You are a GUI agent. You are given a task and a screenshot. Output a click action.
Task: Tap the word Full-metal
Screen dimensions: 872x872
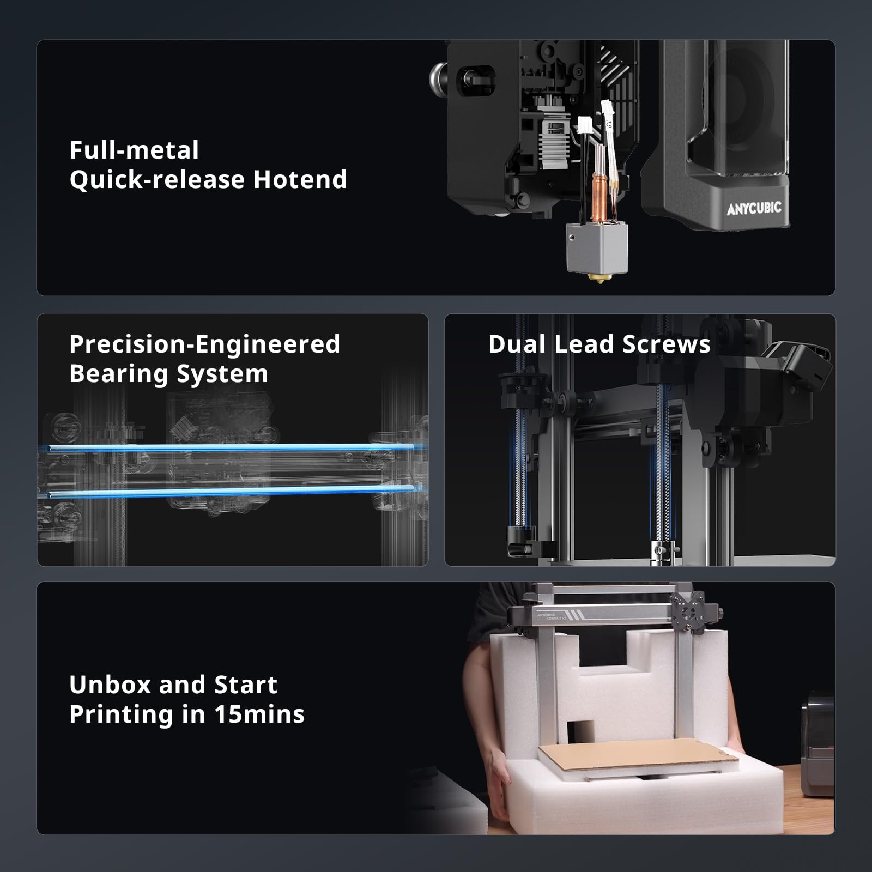(134, 150)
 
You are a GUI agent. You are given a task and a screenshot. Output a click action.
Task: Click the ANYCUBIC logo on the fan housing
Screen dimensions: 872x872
(753, 208)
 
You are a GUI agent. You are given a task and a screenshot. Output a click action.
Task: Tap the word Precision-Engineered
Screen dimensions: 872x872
(204, 344)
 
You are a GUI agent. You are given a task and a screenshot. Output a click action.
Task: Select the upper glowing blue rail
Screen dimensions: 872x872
(229, 448)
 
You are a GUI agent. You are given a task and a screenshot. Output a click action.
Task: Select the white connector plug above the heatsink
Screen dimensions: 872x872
(585, 124)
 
